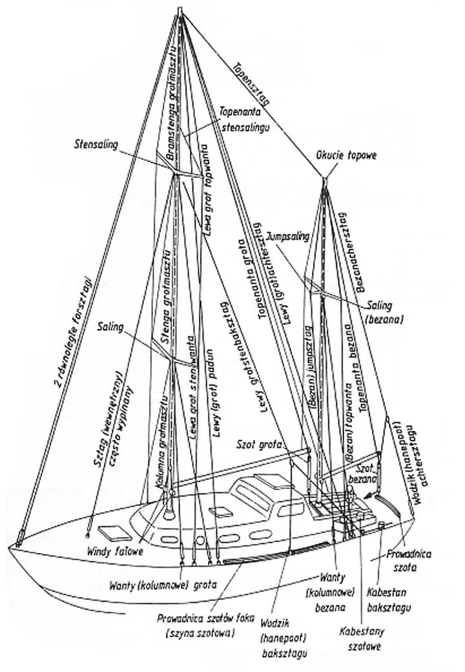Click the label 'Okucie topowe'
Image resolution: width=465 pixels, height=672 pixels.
coord(346,156)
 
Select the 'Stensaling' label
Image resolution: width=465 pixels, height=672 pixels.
coord(95,144)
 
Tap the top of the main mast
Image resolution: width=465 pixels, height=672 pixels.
coord(181,13)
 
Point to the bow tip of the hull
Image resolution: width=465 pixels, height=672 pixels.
coord(10,547)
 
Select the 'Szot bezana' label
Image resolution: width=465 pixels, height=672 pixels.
coord(366,472)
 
